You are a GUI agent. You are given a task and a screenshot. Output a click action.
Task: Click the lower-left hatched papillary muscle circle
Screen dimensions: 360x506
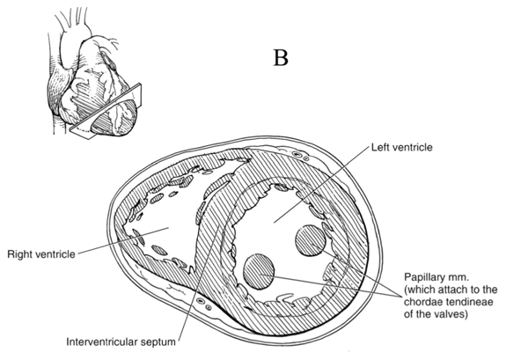click(x=261, y=270)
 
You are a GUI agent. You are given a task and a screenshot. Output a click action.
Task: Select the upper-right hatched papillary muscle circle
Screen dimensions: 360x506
click(x=312, y=240)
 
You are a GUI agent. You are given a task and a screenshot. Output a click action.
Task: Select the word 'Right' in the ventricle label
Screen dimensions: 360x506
click(x=20, y=254)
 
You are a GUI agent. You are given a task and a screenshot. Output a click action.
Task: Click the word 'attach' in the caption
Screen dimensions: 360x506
click(x=430, y=289)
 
